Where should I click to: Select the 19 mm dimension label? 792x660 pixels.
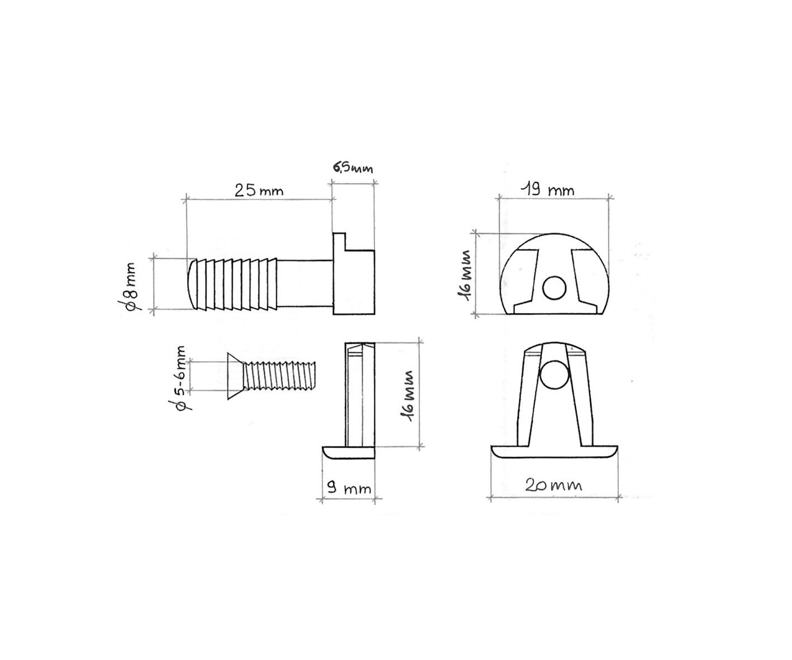click(x=548, y=189)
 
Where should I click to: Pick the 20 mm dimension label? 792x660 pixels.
click(x=553, y=485)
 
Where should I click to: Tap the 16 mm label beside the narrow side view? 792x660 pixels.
click(x=408, y=396)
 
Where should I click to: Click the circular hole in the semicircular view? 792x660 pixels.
click(x=554, y=288)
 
